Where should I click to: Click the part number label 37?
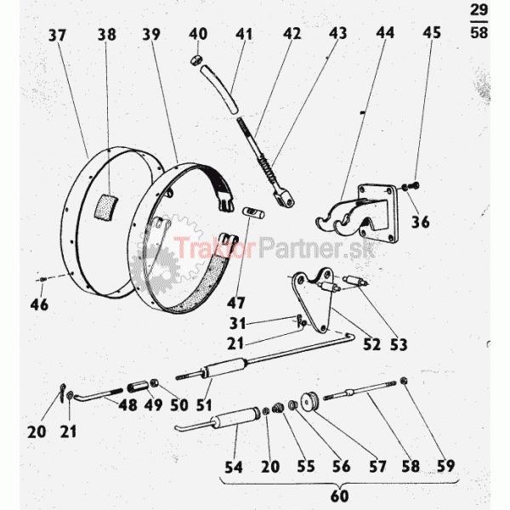point(57,35)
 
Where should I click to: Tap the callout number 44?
point(385,32)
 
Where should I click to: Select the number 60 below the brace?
point(339,496)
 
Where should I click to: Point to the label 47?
point(235,303)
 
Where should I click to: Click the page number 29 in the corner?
point(479,10)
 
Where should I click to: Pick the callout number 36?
point(421,222)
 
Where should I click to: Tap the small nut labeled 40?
point(195,59)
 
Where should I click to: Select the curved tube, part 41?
point(220,89)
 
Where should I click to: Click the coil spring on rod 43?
point(267,167)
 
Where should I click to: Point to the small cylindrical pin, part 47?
point(253,212)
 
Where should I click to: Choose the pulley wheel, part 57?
point(309,402)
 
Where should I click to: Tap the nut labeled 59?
point(404,380)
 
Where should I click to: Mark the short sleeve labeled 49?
point(138,387)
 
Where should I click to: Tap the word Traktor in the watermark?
point(215,248)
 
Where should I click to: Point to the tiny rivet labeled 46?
point(43,280)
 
